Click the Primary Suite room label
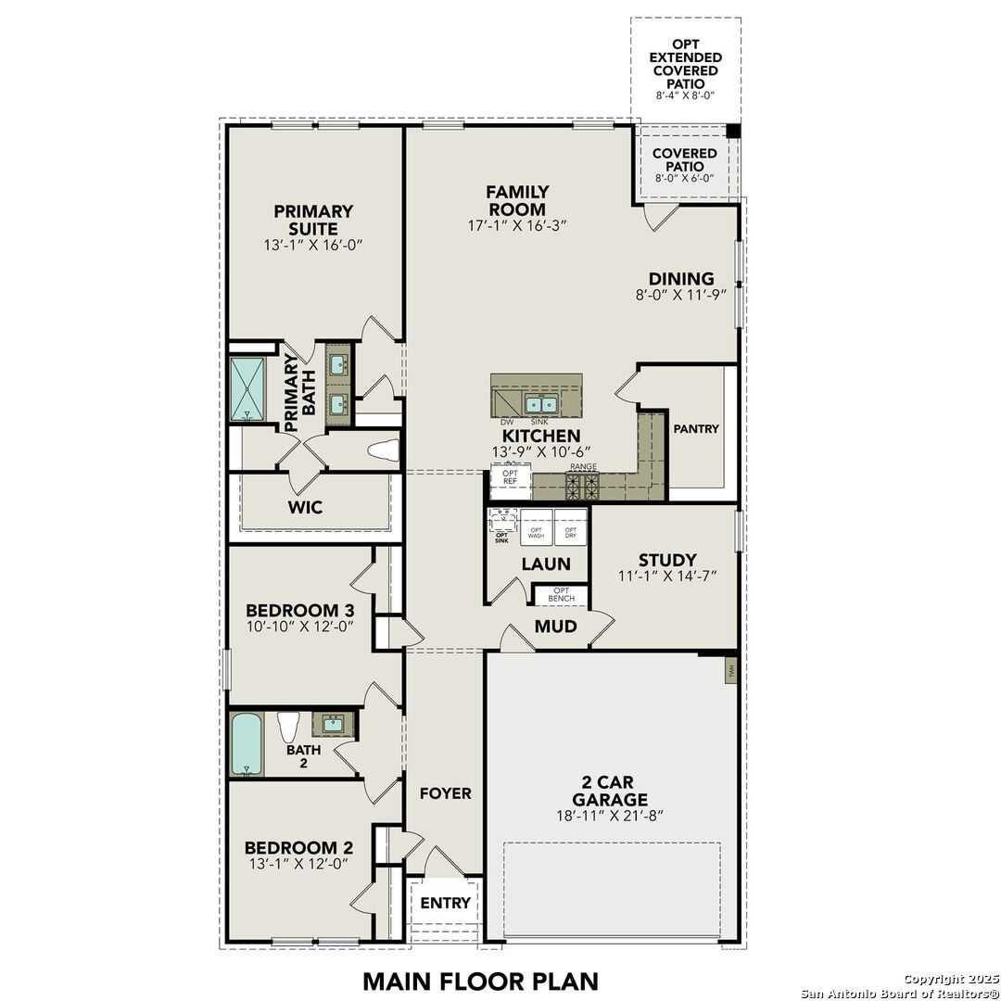pyautogui.click(x=313, y=221)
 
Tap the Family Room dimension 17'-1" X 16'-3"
pyautogui.click(x=517, y=225)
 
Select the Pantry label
pyautogui.click(x=696, y=429)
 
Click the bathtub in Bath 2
pyautogui.click(x=247, y=743)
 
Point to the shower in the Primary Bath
pyautogui.click(x=247, y=389)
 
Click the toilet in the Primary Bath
pyautogui.click(x=382, y=451)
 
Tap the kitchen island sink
pyautogui.click(x=539, y=404)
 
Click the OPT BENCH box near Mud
pyautogui.click(x=562, y=595)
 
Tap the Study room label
pyautogui.click(x=667, y=560)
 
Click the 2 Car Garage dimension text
pyautogui.click(x=609, y=816)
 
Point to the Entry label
pyautogui.click(x=446, y=903)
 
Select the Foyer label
pyautogui.click(x=446, y=793)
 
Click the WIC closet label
pyautogui.click(x=305, y=507)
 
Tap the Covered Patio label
pyautogui.click(x=685, y=159)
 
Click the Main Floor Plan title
pyautogui.click(x=480, y=980)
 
